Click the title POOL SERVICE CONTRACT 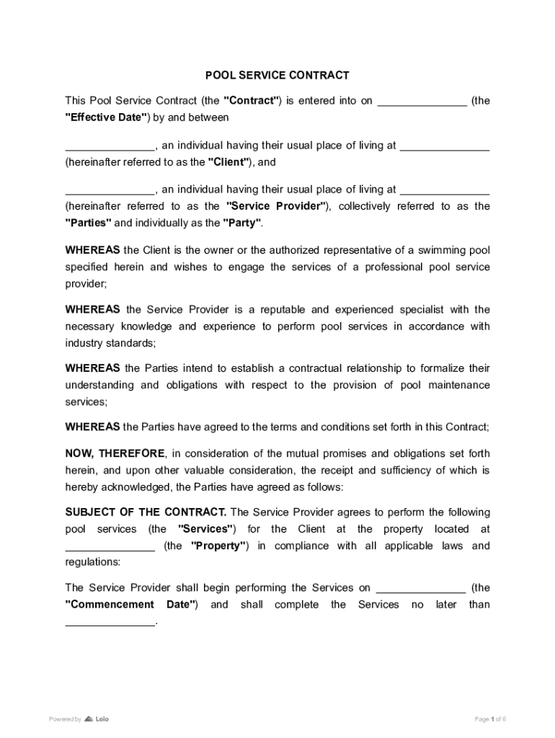click(x=277, y=75)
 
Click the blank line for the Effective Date click(x=422, y=102)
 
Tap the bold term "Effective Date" click(x=107, y=117)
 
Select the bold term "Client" click(x=230, y=162)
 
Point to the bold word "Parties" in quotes click(x=89, y=223)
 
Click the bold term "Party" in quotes click(x=242, y=223)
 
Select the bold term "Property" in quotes click(x=219, y=546)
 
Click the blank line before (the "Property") click(x=110, y=547)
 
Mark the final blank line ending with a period click(x=110, y=622)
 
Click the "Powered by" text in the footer click(x=65, y=719)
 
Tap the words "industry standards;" click(x=110, y=343)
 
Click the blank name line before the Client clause click(x=110, y=146)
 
